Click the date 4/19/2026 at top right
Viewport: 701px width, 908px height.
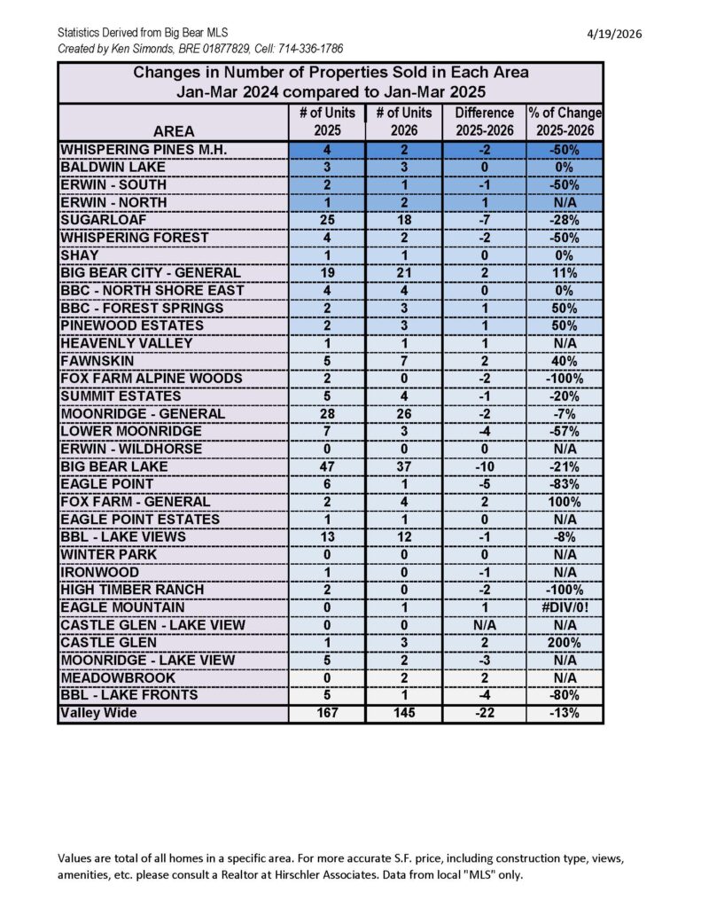point(614,34)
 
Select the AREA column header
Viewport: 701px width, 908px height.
point(174,132)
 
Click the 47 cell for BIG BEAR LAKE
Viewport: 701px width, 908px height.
point(327,466)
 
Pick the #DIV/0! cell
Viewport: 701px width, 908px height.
point(565,607)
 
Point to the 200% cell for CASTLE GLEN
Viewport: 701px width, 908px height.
point(565,642)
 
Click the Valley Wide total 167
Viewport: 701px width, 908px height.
point(327,713)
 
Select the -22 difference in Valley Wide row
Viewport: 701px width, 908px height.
point(484,713)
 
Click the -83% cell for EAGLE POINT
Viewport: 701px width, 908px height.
point(565,484)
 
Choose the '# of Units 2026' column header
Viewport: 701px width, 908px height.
point(404,122)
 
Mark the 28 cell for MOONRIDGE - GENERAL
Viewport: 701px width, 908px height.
point(327,413)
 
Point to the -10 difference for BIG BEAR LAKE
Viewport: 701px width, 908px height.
point(484,466)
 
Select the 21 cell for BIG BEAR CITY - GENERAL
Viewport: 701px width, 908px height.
point(404,273)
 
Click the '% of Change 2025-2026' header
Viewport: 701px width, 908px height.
point(565,122)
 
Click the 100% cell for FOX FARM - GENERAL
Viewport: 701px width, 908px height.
point(565,502)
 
